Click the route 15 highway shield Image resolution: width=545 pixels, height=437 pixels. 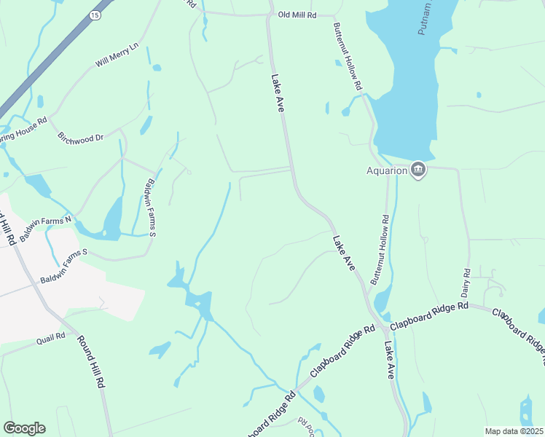click(96, 15)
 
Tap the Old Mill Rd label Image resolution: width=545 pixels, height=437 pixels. click(297, 15)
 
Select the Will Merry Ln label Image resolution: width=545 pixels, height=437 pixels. click(117, 56)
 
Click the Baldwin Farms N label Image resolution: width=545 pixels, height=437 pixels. click(47, 229)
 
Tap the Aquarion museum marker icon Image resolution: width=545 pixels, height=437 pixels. click(418, 170)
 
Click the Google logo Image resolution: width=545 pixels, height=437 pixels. click(24, 428)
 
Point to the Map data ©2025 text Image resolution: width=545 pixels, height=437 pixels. click(513, 431)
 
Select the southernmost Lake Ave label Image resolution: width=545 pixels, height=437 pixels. click(389, 361)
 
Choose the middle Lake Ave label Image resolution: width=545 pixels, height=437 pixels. click(344, 253)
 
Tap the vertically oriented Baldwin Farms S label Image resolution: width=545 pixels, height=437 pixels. click(152, 208)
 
